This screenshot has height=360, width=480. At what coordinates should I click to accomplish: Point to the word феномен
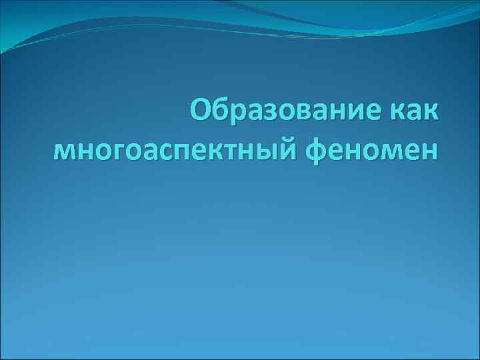[373, 151]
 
